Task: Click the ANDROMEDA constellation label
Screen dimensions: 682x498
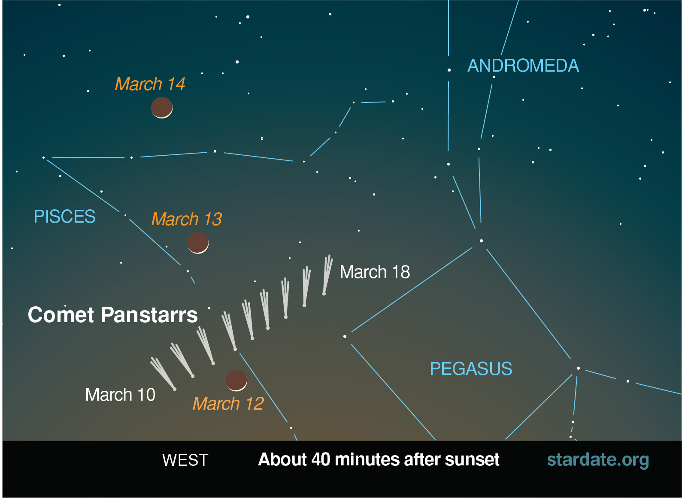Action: [523, 65]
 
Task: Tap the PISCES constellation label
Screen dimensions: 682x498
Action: [64, 216]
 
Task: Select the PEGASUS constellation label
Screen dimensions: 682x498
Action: [471, 369]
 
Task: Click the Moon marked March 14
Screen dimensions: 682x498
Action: [162, 108]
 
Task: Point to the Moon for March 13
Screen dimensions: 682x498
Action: [198, 243]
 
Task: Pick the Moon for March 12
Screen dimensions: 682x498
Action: [236, 380]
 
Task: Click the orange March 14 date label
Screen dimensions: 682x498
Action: [150, 84]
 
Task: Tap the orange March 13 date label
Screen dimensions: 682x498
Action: [187, 219]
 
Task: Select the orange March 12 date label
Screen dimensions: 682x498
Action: [228, 403]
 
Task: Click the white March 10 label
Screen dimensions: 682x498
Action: [120, 395]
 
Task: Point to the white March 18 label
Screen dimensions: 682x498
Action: [375, 272]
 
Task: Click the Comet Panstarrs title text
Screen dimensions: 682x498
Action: [112, 314]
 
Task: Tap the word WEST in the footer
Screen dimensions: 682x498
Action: [185, 460]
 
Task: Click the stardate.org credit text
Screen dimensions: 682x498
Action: [598, 460]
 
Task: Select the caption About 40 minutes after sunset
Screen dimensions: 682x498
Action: [379, 459]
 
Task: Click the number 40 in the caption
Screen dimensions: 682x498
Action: [321, 459]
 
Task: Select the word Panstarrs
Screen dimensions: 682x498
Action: [149, 314]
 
